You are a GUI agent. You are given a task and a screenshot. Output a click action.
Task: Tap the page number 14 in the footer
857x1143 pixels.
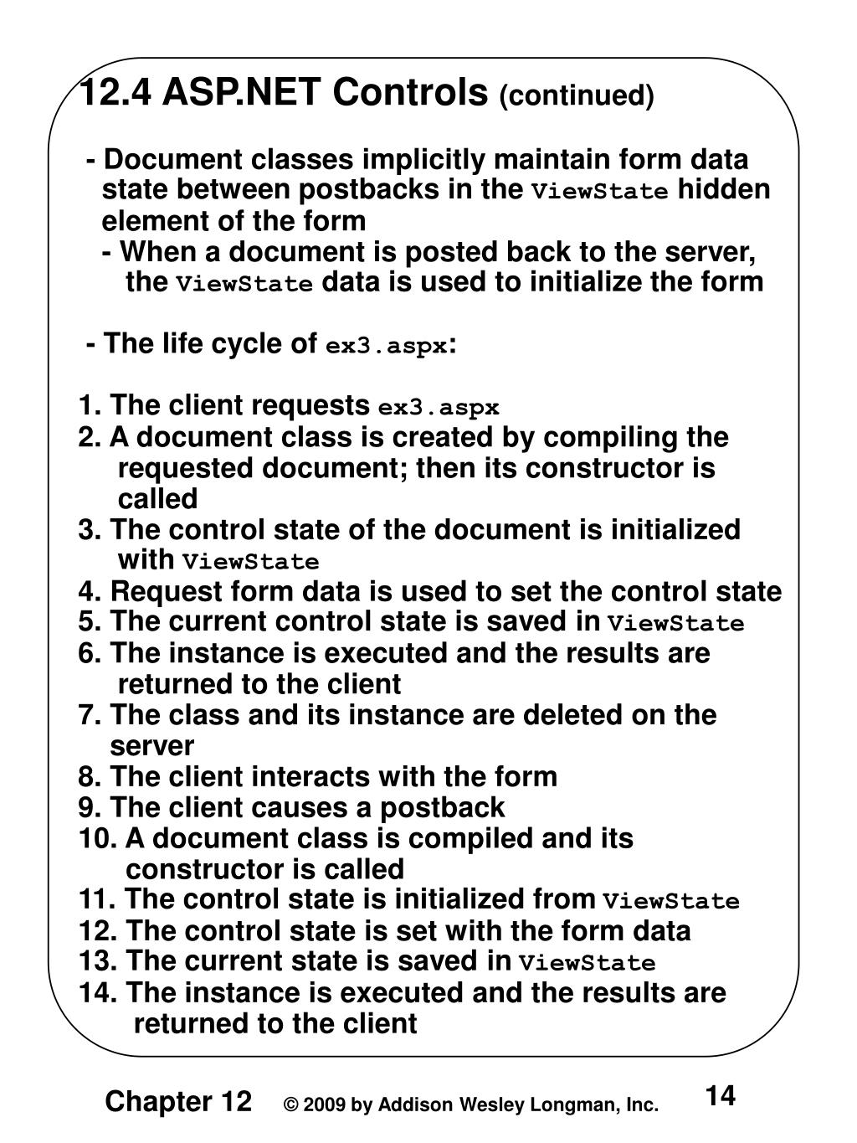tap(720, 1096)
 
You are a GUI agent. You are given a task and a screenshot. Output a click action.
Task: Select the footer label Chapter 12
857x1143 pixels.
tap(178, 1102)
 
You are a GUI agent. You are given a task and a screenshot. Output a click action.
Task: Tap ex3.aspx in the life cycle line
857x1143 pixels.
tap(386, 345)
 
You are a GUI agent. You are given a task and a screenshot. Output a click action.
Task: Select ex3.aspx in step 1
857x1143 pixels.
tap(439, 408)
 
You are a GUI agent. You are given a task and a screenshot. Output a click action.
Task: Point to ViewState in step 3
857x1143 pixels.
tap(251, 562)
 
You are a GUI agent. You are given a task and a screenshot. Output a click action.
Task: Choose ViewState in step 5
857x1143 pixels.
tap(675, 624)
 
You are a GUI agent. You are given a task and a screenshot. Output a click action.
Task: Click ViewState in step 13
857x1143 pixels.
tap(587, 963)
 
